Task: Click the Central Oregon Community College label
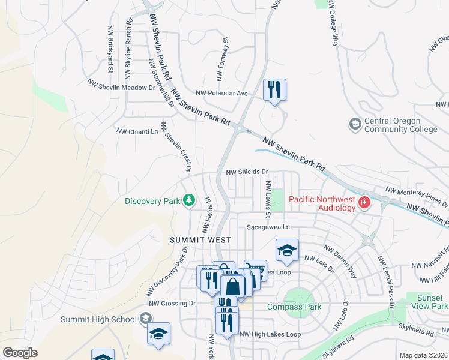tap(401, 125)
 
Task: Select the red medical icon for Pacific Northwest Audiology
tap(363, 203)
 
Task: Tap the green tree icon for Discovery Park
tap(189, 200)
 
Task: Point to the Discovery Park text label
tap(152, 201)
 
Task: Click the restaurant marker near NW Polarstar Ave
tap(274, 91)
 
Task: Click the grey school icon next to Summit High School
tap(145, 319)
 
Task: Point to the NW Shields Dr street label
tap(246, 172)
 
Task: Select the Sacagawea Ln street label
tap(268, 227)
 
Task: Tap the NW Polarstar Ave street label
tap(222, 93)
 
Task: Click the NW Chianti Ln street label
tap(137, 131)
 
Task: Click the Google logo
tap(20, 353)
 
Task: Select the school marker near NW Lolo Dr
tap(287, 250)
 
